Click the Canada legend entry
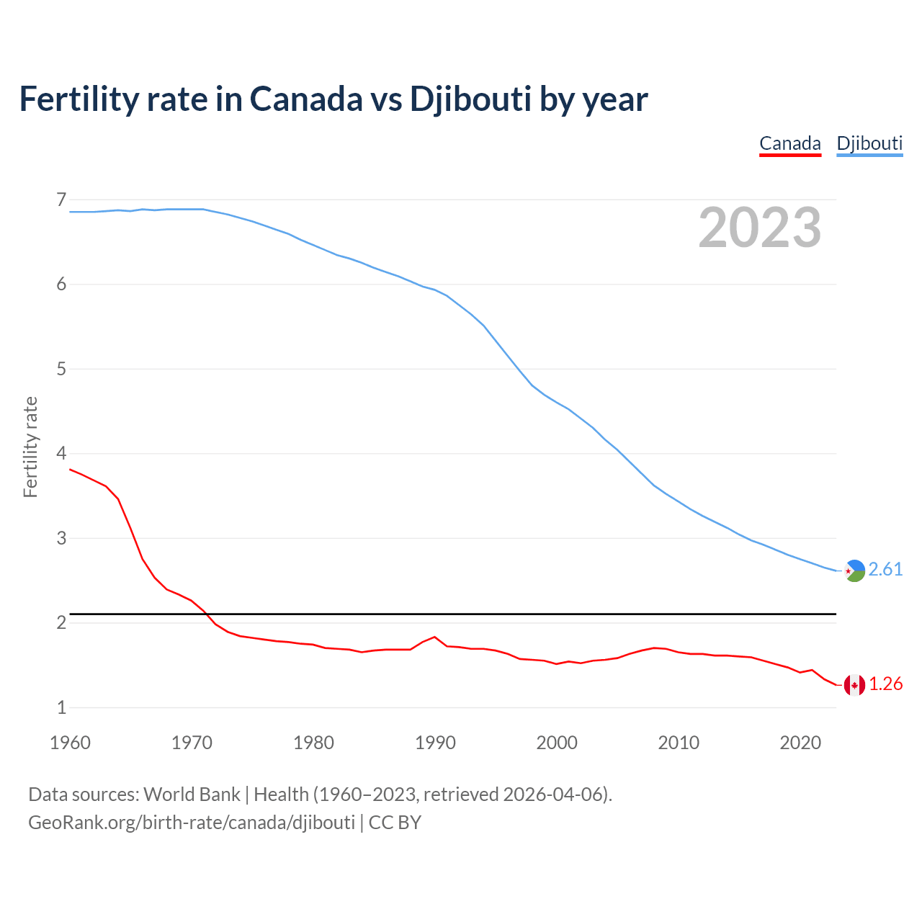[790, 143]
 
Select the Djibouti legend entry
[869, 143]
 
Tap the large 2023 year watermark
[760, 228]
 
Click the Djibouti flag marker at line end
[854, 570]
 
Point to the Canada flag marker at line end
[854, 685]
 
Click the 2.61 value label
[885, 569]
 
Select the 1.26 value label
[885, 684]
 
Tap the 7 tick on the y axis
[61, 200]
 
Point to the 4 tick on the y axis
[61, 453]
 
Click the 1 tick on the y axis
[61, 707]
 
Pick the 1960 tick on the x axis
[70, 743]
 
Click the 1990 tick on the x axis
[435, 743]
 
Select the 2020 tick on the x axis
[800, 743]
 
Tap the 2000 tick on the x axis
[557, 743]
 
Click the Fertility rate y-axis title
[30, 447]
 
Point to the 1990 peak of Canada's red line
[434, 637]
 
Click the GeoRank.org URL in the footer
[192, 822]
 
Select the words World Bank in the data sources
[192, 795]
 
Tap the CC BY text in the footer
[395, 822]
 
